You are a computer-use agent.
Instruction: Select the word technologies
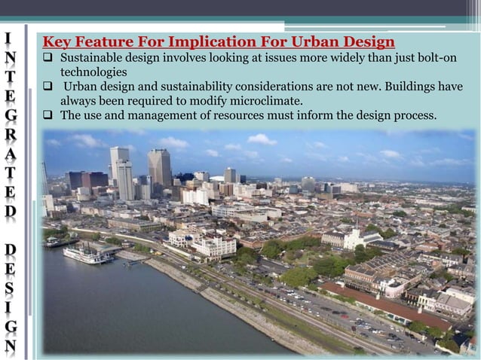pyautogui.click(x=93, y=72)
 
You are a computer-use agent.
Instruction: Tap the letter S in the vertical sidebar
pyautogui.click(x=8, y=291)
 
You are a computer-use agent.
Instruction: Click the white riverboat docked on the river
pyautogui.click(x=87, y=256)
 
